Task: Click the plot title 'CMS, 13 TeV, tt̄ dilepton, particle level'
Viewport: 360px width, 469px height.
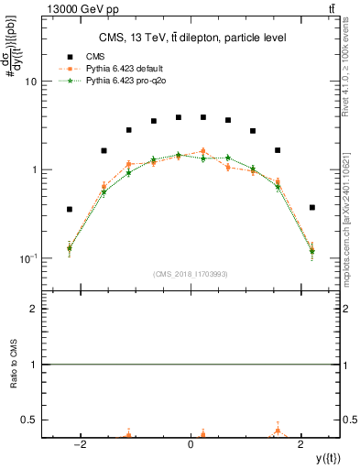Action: (190, 38)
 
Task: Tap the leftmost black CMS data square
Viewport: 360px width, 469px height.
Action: (70, 209)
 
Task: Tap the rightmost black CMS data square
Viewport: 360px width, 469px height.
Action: (312, 207)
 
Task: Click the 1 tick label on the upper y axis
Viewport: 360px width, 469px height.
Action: (34, 170)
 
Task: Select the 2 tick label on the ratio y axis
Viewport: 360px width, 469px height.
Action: (34, 310)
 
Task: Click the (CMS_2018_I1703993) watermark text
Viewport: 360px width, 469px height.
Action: (191, 274)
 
